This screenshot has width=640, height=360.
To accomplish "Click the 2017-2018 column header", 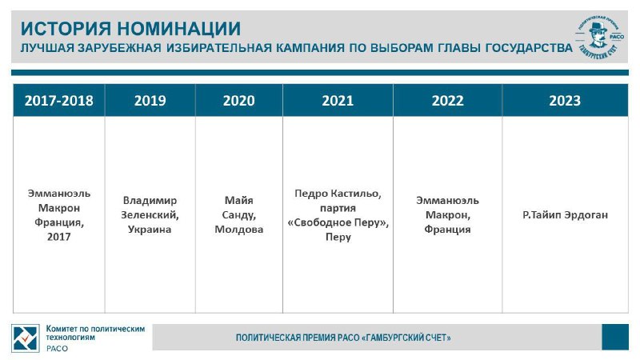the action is pos(58,101).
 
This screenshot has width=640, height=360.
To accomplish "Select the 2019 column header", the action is pos(150,101).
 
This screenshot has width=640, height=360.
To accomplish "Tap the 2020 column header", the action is pos(238,101).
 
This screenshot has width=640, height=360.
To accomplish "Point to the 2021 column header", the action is pos(338,101).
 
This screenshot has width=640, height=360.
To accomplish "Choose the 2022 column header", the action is pos(448,101).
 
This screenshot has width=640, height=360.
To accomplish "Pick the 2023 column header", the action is pos(565,101).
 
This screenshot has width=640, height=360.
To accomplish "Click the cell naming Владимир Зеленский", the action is pos(150,214).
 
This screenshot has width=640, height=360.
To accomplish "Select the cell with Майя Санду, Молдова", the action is pos(238,214).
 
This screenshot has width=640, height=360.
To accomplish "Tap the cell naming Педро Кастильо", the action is pos(338,214).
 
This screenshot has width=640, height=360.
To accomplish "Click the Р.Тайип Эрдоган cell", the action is pos(565,214).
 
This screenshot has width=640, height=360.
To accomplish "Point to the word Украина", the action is pos(150,230).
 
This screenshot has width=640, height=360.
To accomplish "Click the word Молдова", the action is pos(238,230).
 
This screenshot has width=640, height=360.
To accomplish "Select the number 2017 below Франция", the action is pos(58,237).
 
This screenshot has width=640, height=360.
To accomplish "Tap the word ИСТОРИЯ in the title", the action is pos(66,29).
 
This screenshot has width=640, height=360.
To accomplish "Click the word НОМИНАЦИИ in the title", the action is pos(179,29).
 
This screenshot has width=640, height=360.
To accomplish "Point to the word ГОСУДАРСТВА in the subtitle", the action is pos(529,48).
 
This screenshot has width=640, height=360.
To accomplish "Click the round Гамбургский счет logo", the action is pos(600,37).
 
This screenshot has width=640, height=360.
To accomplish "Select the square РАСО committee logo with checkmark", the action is pos(26,338).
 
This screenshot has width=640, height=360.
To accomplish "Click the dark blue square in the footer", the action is pos(615,337).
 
